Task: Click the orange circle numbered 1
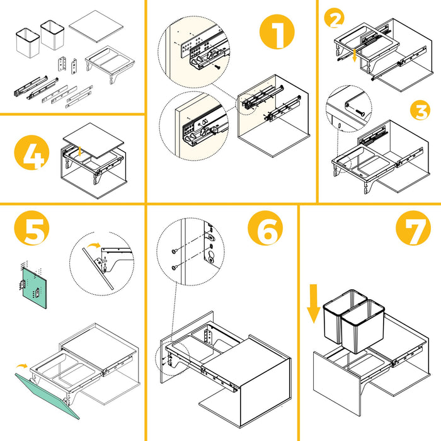pos(277,31)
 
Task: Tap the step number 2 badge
pos(334,18)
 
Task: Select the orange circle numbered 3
pos(420,110)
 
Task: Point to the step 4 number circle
pos(31,152)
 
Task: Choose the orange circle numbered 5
pos(31,228)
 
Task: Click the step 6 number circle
pos(265,228)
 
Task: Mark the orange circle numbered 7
pos(413,228)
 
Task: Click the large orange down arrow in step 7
pos(313,304)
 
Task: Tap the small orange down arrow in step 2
pos(355,55)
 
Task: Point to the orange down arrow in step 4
pos(80,151)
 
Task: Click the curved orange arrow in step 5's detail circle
pos(94,246)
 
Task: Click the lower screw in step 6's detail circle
pos(175,267)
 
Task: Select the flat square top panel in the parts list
pos(96,26)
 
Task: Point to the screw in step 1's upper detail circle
pos(217,67)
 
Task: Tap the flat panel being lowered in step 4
pos(93,140)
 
